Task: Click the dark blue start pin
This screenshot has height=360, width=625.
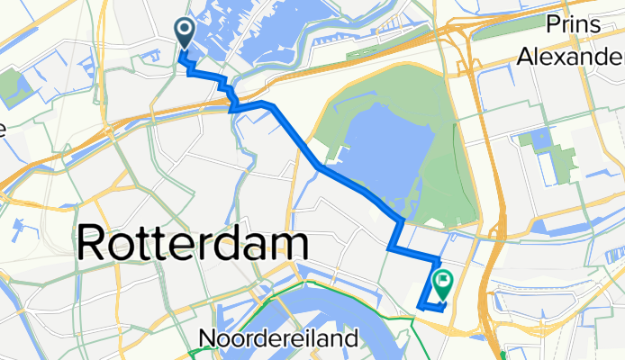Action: [x=185, y=34]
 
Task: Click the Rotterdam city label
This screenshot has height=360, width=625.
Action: [x=194, y=244]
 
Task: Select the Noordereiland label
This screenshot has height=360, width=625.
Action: [x=278, y=340]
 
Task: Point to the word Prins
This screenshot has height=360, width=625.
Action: [x=573, y=24]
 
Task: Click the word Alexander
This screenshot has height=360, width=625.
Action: [x=572, y=57]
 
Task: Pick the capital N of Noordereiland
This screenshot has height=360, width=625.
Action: [x=206, y=340]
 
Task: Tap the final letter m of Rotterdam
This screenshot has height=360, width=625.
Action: [x=285, y=244]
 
